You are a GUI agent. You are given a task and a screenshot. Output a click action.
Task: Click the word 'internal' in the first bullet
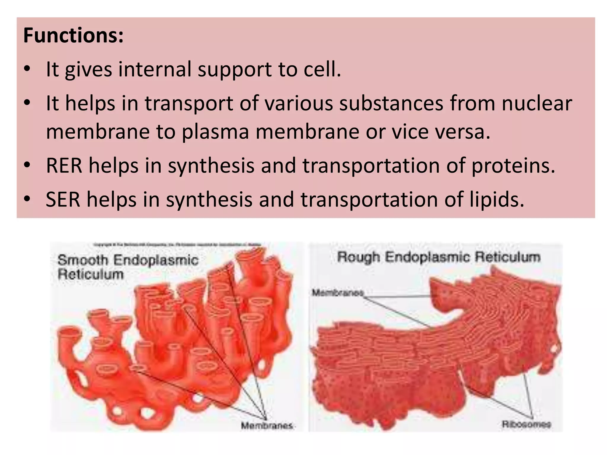(154, 69)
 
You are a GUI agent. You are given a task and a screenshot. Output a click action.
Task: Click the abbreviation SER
(63, 199)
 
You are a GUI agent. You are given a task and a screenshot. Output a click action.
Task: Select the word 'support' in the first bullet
(235, 69)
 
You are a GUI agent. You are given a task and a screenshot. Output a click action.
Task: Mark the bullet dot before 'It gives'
(27, 69)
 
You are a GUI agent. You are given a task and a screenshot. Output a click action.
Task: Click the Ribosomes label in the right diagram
(526, 424)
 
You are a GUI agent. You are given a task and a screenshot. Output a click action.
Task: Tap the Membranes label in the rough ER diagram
(338, 293)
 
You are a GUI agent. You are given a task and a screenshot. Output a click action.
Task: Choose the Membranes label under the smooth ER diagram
(266, 426)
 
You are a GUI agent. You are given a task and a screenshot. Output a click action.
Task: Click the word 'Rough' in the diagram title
(358, 257)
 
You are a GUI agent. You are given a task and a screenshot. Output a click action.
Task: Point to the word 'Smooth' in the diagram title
(83, 260)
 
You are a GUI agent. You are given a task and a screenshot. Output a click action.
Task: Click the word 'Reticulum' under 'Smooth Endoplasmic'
(90, 274)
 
